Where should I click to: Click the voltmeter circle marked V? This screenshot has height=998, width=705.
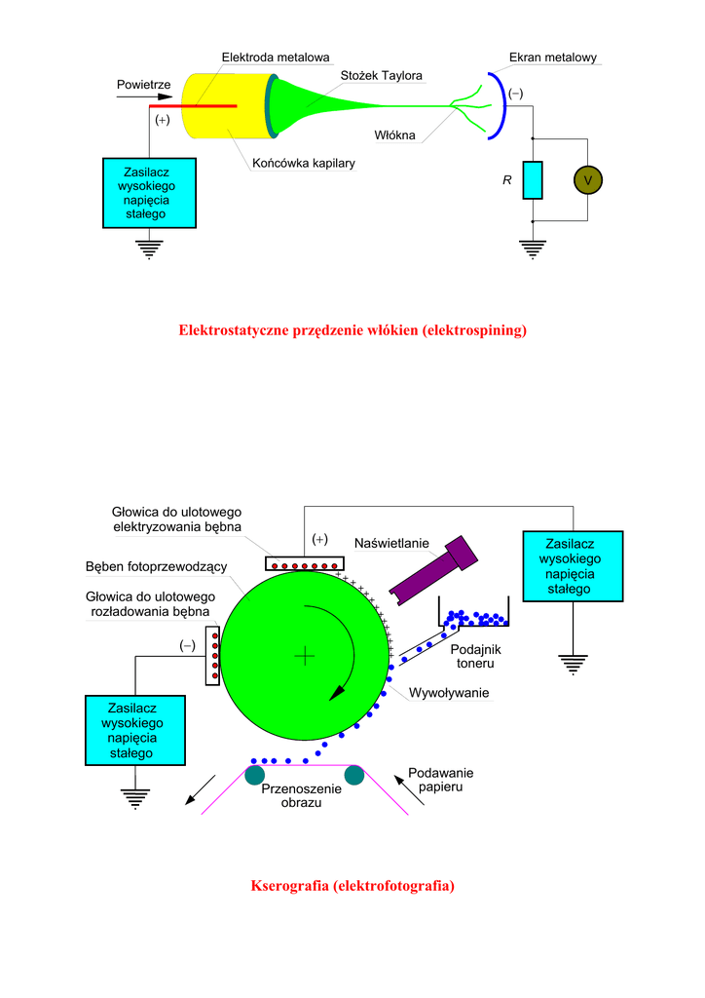587,180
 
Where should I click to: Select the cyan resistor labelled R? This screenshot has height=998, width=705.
532,180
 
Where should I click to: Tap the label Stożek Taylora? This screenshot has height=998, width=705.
381,75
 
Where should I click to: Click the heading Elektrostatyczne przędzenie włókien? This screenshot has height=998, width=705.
352,330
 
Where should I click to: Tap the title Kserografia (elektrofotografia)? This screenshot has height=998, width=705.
352,885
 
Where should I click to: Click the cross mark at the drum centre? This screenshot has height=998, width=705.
305,656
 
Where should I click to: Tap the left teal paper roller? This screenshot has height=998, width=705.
255,776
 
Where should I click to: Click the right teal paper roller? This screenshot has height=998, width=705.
352,776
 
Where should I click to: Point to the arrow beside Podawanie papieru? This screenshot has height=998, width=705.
410,789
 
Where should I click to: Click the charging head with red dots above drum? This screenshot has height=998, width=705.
304,564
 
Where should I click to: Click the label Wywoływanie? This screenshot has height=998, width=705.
448,693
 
